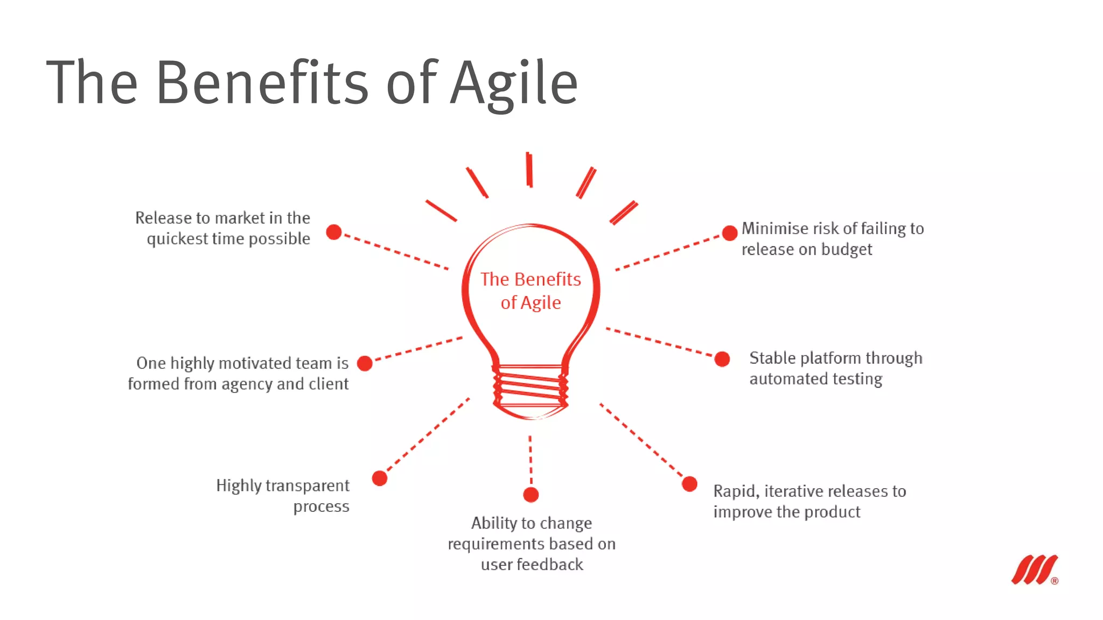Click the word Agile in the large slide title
click(x=514, y=83)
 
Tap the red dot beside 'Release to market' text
click(x=334, y=232)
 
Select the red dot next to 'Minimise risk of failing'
click(x=729, y=233)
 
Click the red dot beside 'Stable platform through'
click(x=722, y=359)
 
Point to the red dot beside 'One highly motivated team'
click(x=365, y=364)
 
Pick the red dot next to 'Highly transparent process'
click(x=380, y=478)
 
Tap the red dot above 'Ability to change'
click(x=531, y=495)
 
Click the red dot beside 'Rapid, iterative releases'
click(x=689, y=484)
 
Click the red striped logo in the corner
click(x=1035, y=569)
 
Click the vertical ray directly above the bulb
click(x=529, y=170)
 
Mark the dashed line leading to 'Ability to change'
click(x=530, y=460)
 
